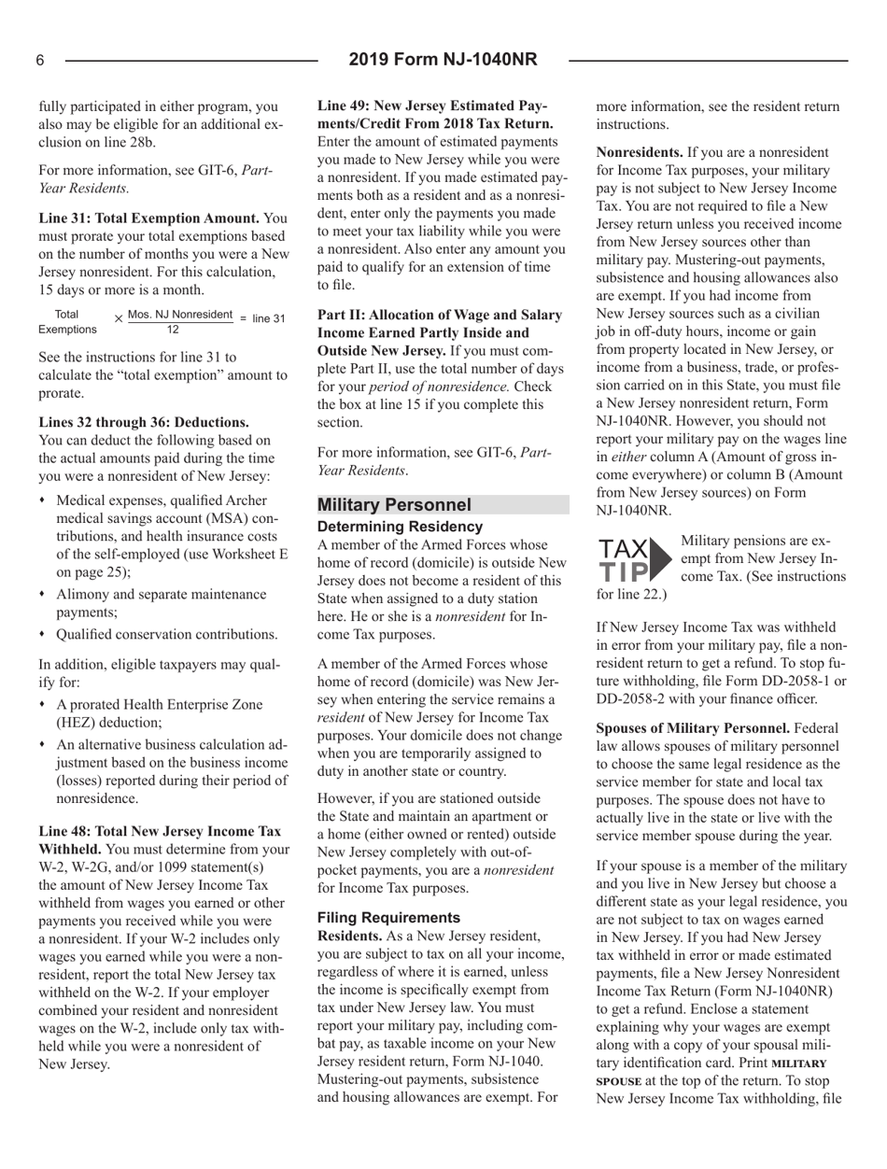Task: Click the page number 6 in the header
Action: click(41, 61)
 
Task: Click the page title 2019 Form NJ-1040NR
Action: click(443, 61)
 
